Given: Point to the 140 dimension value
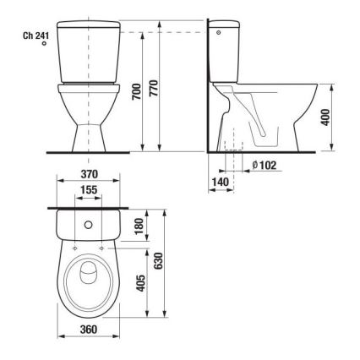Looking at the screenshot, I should point(220,182).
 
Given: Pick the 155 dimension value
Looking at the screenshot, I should point(87,191).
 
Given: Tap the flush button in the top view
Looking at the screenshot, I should point(87,225).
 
